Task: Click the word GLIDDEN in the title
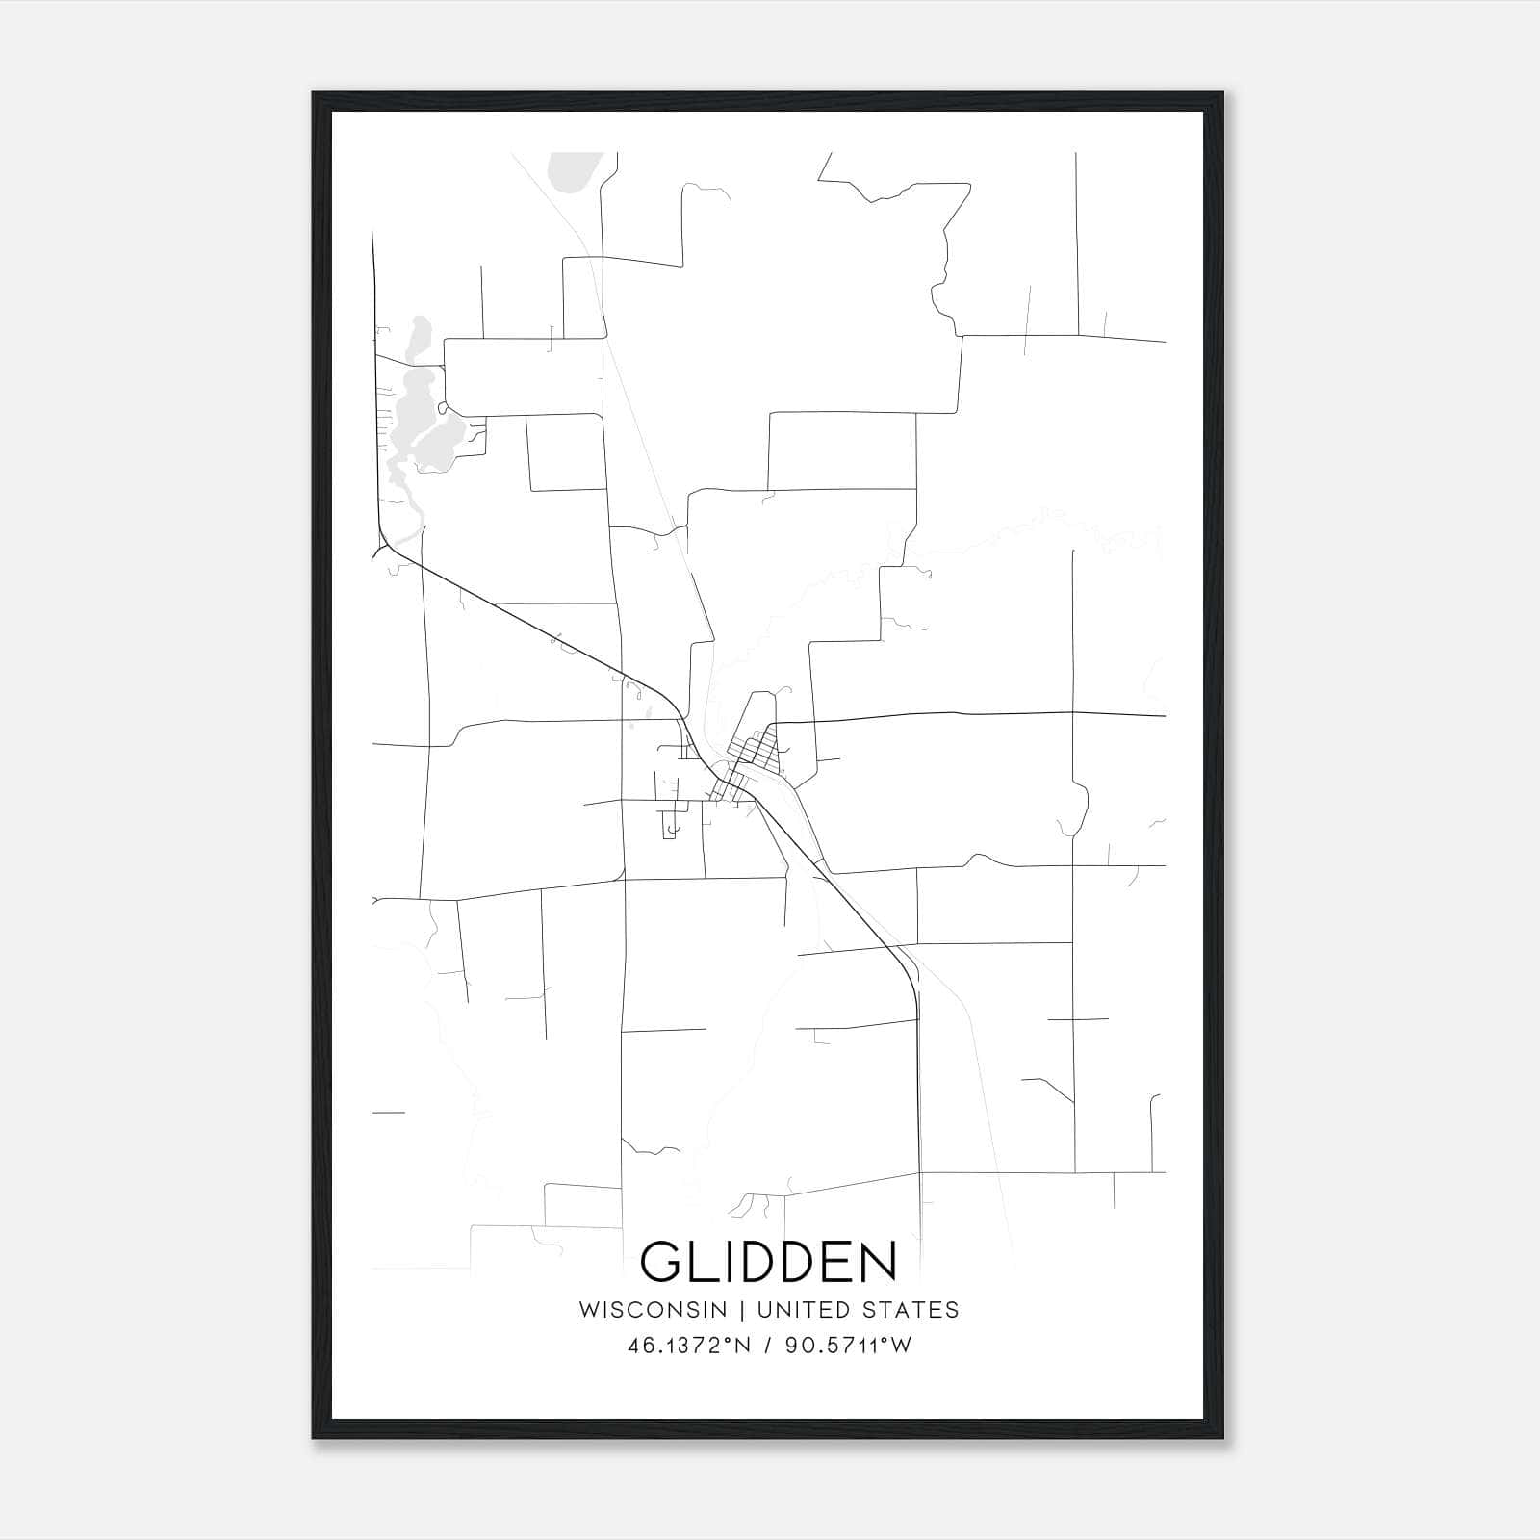coord(768,1262)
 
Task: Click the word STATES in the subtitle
coord(911,1310)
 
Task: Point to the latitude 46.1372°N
coord(688,1346)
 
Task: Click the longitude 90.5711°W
coord(848,1346)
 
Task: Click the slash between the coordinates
coord(767,1346)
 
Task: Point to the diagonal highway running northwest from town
coord(539,626)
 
